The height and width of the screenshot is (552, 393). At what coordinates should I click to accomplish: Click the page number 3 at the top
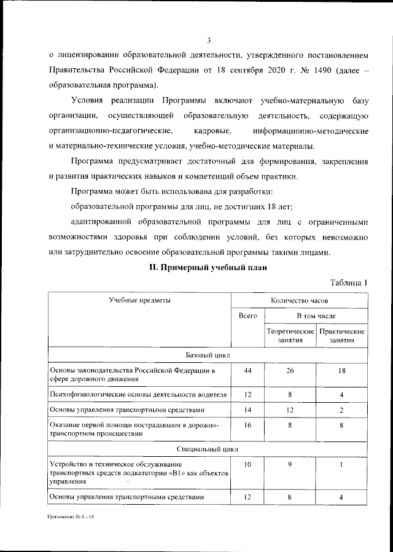click(209, 41)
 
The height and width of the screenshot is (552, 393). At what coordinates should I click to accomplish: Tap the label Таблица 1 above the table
click(349, 282)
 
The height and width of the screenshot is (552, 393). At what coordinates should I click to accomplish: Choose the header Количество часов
click(299, 301)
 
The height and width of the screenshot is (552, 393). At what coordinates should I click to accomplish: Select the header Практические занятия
click(342, 335)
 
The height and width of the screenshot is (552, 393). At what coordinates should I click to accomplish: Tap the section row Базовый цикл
click(208, 355)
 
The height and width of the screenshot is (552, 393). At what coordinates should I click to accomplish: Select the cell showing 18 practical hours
click(342, 370)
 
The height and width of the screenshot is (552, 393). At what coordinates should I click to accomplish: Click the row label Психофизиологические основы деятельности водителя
click(138, 394)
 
